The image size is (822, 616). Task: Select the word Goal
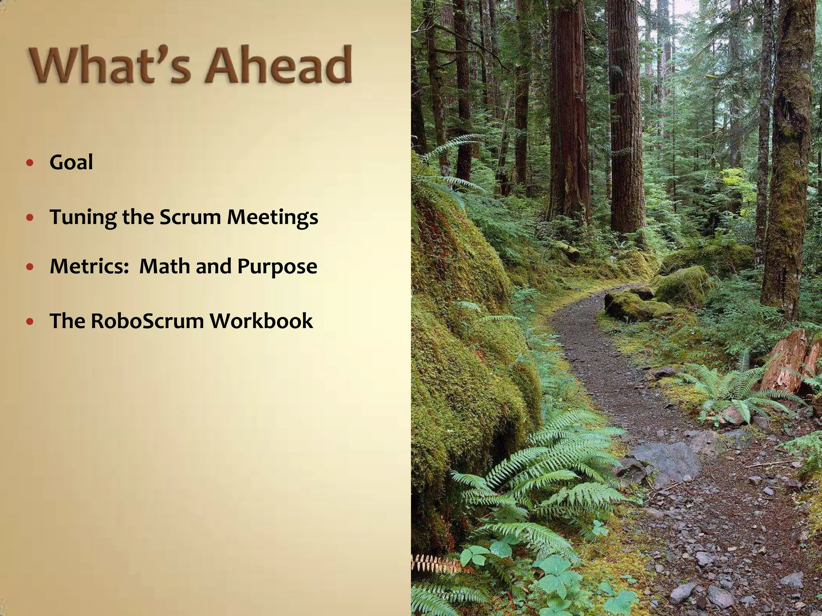(x=71, y=163)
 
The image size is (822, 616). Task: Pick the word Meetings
(x=273, y=218)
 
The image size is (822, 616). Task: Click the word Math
(x=165, y=266)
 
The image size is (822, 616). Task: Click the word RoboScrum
(x=147, y=321)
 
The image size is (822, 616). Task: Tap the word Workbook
(x=261, y=321)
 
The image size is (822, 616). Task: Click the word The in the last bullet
(x=67, y=321)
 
